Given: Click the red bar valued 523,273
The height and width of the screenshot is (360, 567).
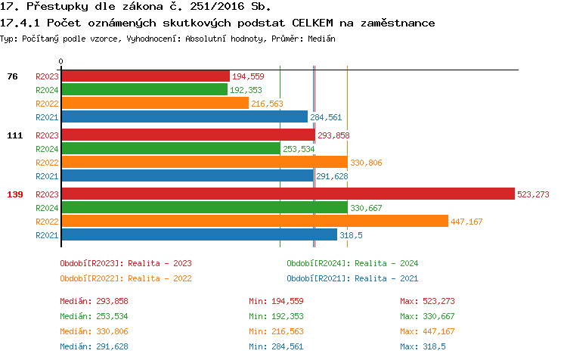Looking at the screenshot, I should coord(287,194).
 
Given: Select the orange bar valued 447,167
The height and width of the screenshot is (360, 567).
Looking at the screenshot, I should coord(254,221).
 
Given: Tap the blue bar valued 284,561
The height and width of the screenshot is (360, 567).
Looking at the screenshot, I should coord(184,116).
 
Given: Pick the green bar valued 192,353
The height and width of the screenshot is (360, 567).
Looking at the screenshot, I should coord(144,89).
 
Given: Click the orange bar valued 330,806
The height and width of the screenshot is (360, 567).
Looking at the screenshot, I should coord(203,162).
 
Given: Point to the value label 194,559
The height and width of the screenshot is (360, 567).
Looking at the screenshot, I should coord(248,76).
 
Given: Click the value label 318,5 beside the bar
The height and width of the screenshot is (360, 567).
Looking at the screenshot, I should coord(351,235).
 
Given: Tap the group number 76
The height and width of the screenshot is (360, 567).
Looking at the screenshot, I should coord(12,76).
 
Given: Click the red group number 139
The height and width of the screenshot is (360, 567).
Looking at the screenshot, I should coord(15,194).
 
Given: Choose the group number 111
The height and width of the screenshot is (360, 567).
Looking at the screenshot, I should coord(15,135).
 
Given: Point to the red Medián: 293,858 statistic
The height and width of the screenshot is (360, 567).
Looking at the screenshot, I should coord(94,301).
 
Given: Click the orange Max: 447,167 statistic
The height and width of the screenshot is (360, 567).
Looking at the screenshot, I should coord(427,331).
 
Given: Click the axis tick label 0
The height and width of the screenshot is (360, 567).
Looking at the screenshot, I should coord(61,62).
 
